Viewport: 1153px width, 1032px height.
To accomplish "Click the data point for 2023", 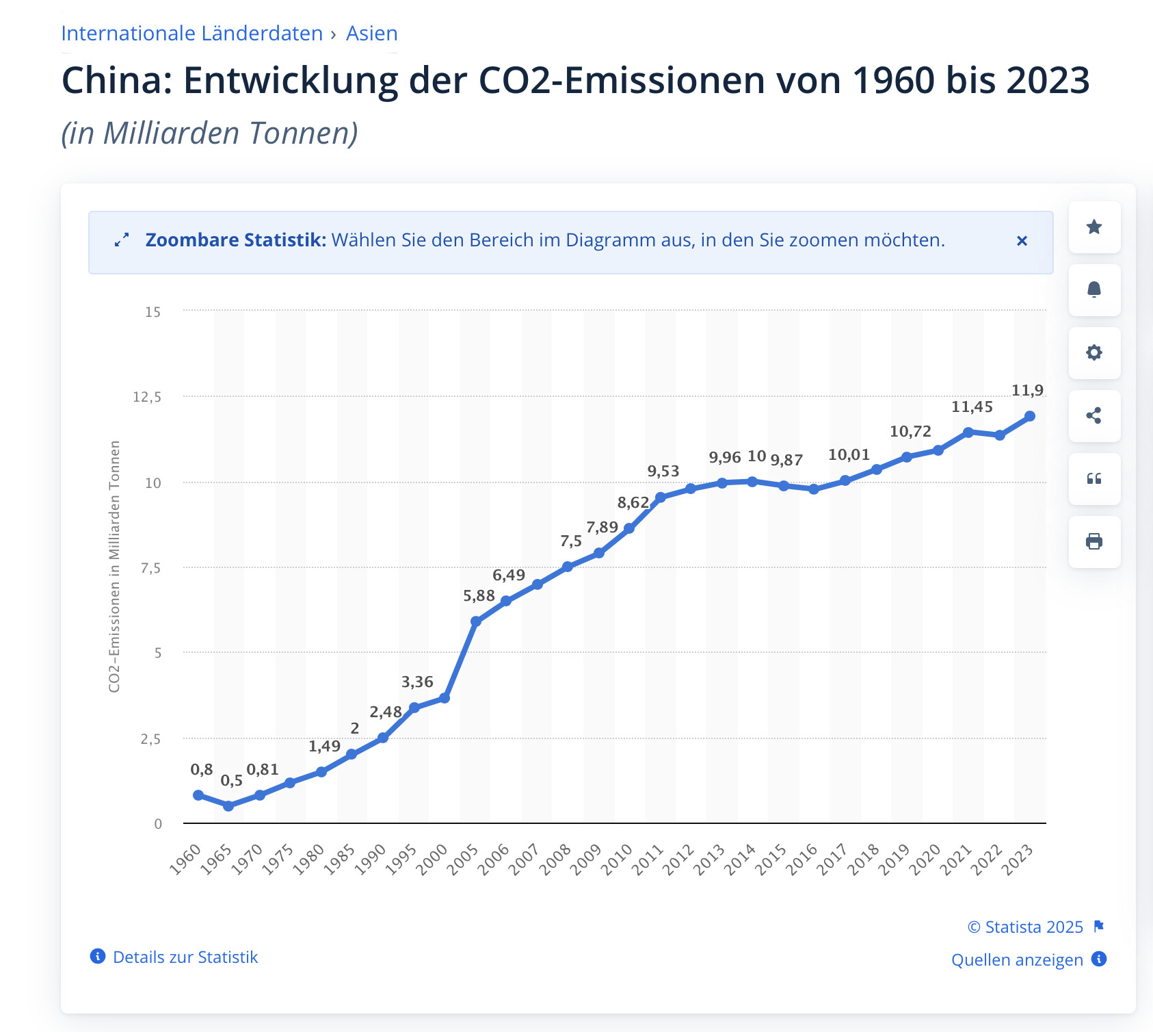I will click(1030, 416).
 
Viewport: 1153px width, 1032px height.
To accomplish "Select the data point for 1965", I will click(228, 806).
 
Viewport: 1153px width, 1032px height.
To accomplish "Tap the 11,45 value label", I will click(972, 407).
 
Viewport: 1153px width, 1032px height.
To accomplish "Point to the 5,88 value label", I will click(479, 596).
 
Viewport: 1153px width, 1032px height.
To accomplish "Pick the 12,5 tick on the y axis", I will click(147, 397).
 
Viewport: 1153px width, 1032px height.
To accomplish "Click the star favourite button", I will click(1094, 227).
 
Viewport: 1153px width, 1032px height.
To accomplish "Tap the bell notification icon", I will click(1094, 289).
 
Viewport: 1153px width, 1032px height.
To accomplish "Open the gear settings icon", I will click(1094, 352).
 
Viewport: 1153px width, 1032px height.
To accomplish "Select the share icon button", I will click(1094, 415).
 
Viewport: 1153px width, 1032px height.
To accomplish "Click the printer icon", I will click(1094, 541).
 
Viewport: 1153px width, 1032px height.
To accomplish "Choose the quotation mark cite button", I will click(1094, 478).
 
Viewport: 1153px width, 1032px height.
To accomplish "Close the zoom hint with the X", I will click(1022, 241).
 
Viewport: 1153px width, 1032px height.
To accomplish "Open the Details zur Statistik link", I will click(185, 957).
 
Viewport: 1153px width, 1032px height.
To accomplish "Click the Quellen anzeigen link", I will click(1017, 959).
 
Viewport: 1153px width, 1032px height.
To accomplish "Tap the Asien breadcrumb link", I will click(371, 34).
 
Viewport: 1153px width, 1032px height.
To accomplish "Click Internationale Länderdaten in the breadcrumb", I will click(192, 34).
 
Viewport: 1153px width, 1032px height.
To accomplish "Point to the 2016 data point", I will click(814, 489).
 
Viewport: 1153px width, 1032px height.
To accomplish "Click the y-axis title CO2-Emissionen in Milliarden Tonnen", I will click(114, 566).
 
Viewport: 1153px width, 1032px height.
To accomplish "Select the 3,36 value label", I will click(417, 682).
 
